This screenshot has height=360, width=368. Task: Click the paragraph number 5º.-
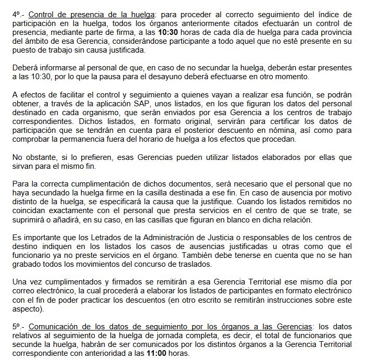pyautogui.click(x=19, y=327)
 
